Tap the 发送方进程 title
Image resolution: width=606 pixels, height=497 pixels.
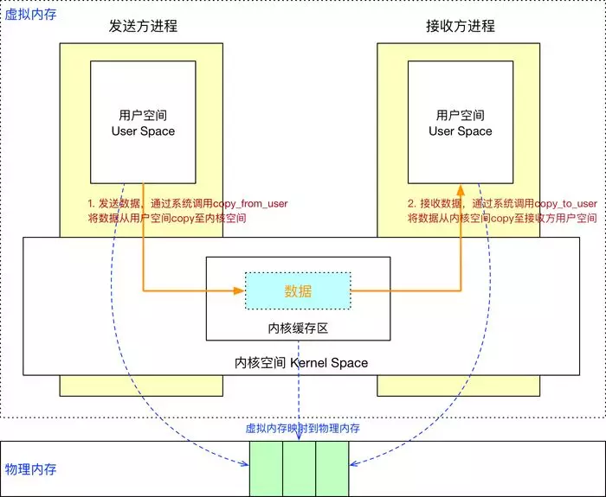click(x=143, y=25)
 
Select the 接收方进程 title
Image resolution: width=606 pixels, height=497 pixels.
click(x=461, y=25)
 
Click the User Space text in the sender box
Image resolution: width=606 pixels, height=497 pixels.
click(x=143, y=131)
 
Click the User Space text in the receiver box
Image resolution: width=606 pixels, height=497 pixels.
click(x=461, y=131)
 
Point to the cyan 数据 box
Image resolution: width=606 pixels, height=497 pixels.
click(x=298, y=291)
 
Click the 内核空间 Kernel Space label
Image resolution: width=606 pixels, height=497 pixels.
click(x=301, y=363)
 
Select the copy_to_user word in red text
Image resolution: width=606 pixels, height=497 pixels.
click(x=566, y=203)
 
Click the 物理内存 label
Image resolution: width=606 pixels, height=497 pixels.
click(x=31, y=469)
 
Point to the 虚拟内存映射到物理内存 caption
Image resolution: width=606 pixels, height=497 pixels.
click(x=303, y=428)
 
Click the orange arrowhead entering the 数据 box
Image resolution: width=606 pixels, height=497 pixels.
click(x=240, y=291)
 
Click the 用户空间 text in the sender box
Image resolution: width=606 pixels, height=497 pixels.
click(x=143, y=115)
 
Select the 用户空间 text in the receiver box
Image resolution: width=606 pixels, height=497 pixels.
click(x=461, y=115)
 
